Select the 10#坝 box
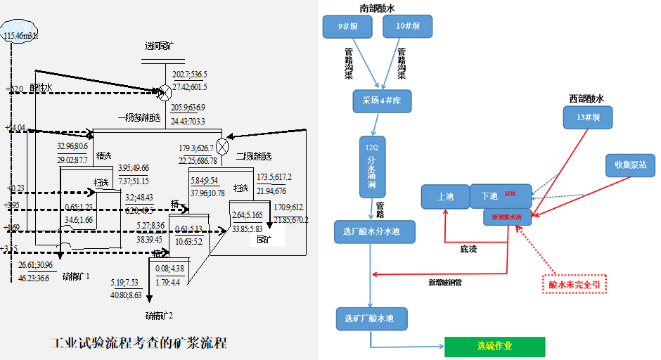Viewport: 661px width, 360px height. coord(408,27)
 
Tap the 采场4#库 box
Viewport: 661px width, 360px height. coord(381,101)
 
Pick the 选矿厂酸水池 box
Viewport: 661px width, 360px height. coord(370,319)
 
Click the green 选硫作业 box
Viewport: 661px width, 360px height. coord(494,347)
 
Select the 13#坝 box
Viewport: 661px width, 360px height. coord(588,117)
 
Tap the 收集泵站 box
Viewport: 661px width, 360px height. coord(630,165)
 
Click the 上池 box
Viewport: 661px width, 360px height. coord(445,197)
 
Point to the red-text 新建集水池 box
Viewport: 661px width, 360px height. coord(507,217)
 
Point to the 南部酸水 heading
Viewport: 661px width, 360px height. coord(378,8)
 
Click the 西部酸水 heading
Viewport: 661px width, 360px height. coord(587,99)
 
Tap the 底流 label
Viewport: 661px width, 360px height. coord(468,249)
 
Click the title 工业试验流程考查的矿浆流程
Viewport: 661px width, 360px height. coord(140,344)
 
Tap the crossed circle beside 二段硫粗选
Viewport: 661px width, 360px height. coord(223,146)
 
